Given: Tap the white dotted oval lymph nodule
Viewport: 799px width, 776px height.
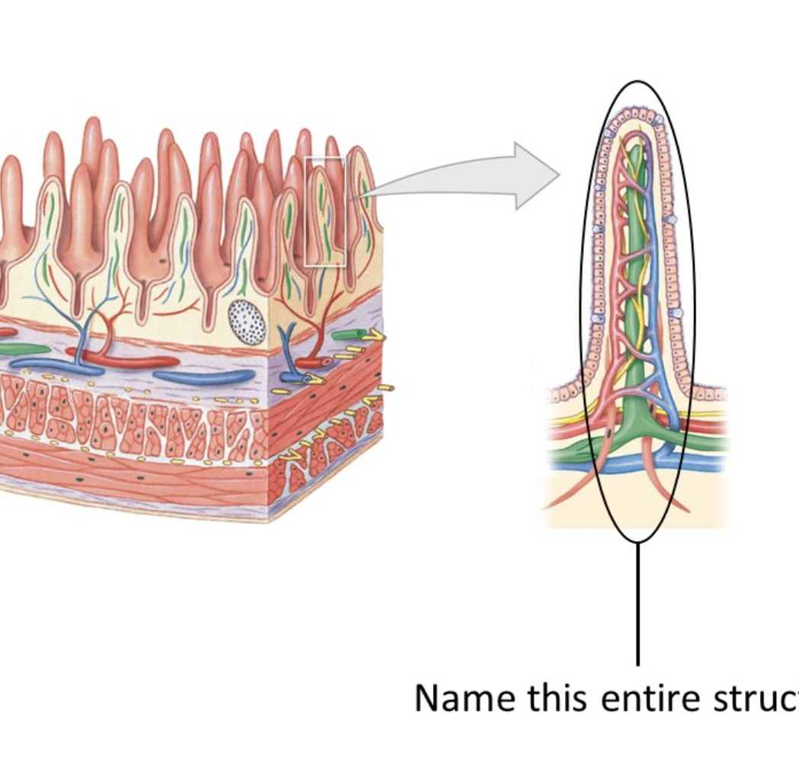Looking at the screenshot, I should [247, 322].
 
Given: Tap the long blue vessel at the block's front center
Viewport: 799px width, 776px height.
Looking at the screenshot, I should [202, 376].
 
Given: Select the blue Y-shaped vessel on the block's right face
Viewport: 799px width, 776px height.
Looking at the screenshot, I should [290, 351].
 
